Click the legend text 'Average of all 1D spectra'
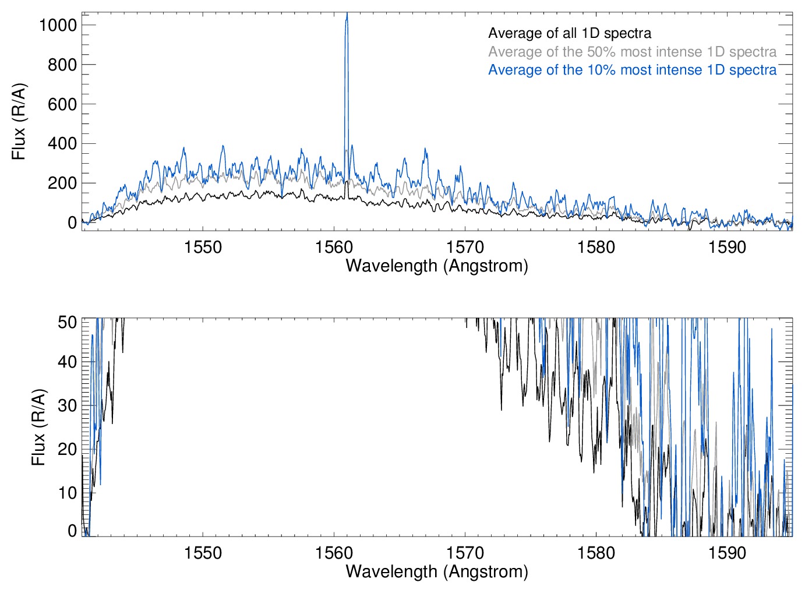point(569,33)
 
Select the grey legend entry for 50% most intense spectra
point(632,52)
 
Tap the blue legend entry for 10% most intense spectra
point(632,70)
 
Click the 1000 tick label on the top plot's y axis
point(58,25)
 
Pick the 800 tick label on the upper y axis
point(62,65)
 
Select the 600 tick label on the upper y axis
point(62,104)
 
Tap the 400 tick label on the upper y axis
point(62,143)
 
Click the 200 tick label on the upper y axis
point(62,183)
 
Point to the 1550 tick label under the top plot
point(203,247)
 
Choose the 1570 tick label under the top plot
point(465,247)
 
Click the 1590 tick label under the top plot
point(727,247)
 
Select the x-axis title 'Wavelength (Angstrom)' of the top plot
point(437,266)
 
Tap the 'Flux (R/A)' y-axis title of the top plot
point(19,122)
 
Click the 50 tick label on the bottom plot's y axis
point(68,322)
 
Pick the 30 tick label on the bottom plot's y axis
point(68,405)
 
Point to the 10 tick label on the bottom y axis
point(68,493)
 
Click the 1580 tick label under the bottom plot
point(596,553)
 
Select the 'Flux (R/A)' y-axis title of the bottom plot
point(38,428)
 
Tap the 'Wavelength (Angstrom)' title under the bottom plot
point(437,571)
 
